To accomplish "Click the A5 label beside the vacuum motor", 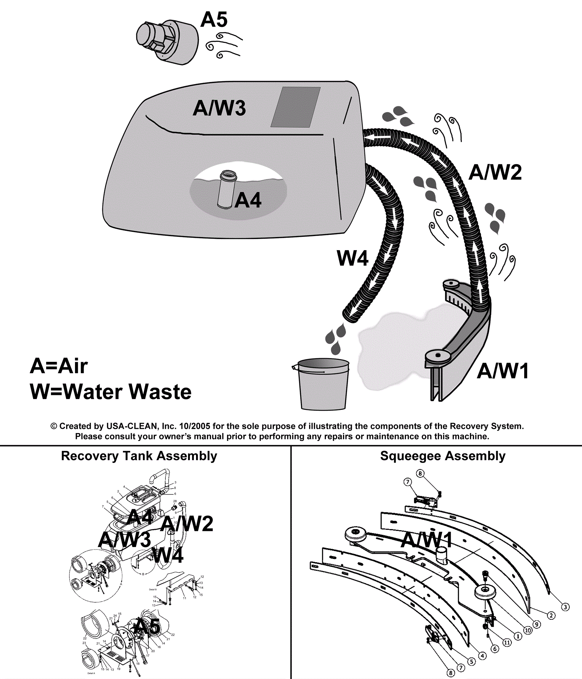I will (x=214, y=20).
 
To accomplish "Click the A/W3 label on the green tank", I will (x=219, y=108).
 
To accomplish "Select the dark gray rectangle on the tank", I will (x=296, y=107).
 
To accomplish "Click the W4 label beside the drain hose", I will (x=352, y=258).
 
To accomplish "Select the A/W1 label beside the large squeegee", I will (x=503, y=371).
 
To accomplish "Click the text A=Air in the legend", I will (x=59, y=366).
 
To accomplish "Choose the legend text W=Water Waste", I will (x=111, y=392).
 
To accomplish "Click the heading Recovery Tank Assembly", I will (x=139, y=456).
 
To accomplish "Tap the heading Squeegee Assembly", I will (x=443, y=456).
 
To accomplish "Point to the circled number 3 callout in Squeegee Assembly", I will (x=565, y=607).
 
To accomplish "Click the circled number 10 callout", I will (x=528, y=630).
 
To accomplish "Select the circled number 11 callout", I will (x=507, y=643).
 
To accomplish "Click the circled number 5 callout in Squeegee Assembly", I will (x=471, y=662).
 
